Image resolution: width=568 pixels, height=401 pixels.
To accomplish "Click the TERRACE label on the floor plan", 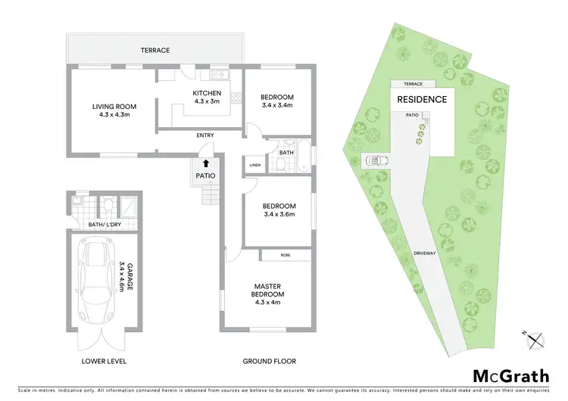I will pos(154,51).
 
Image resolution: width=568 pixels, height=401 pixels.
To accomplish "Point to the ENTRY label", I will pos(205,135).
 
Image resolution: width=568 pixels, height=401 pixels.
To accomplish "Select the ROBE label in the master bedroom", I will pos(285,256).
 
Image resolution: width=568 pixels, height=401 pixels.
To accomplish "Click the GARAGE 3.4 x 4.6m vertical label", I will pos(121,278).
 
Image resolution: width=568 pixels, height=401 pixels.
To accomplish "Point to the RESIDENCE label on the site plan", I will pos(422,100).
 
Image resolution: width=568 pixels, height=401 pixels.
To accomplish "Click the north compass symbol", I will pos(537,340).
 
